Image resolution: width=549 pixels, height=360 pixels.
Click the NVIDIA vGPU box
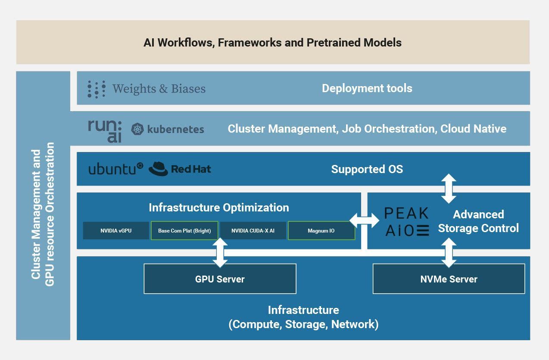(x=116, y=231)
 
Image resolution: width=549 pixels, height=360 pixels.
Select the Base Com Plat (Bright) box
(x=184, y=231)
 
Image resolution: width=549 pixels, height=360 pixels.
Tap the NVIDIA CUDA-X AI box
(x=253, y=231)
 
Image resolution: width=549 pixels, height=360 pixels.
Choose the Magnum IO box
(x=321, y=231)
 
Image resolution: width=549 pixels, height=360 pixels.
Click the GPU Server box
(x=220, y=279)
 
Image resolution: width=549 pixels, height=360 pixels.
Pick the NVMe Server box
(x=449, y=279)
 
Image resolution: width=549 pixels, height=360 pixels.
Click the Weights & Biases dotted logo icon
(x=96, y=89)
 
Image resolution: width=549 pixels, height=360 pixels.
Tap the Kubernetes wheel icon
(x=137, y=129)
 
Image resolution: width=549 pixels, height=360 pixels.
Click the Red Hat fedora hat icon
(x=158, y=169)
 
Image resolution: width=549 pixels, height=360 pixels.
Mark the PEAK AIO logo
(x=406, y=221)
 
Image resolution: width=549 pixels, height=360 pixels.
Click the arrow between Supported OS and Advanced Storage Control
(x=449, y=189)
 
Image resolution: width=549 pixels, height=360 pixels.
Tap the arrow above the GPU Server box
(x=220, y=252)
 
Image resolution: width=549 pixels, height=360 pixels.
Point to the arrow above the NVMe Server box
(x=449, y=252)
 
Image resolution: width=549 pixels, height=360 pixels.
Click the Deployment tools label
(x=367, y=88)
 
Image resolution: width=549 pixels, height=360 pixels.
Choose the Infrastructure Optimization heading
(x=219, y=208)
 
